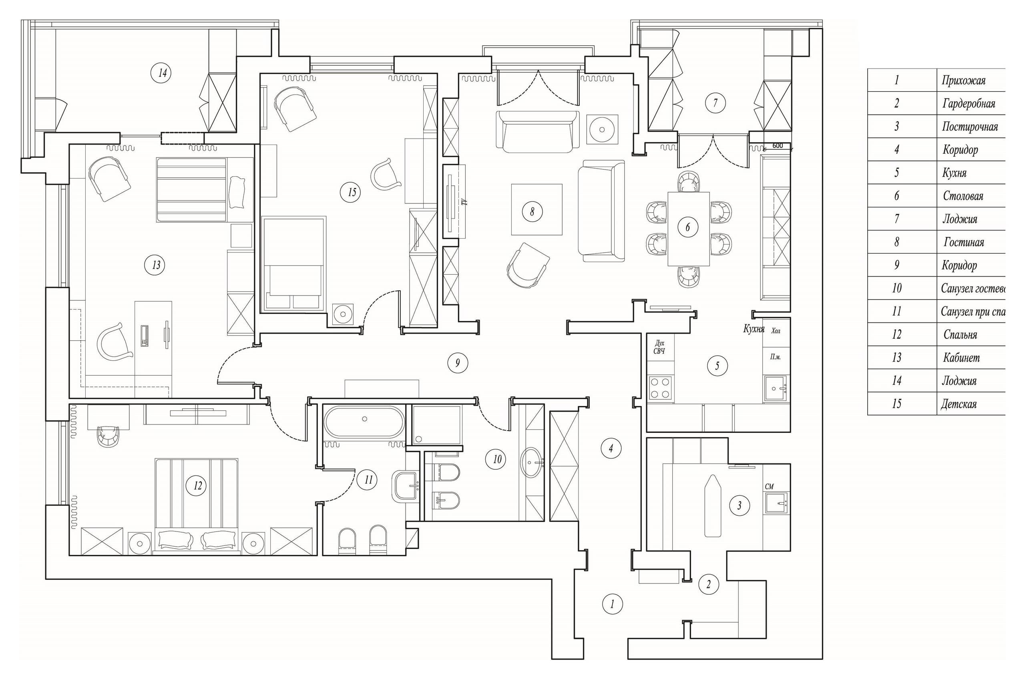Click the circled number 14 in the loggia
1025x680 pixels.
click(x=162, y=73)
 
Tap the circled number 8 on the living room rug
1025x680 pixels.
click(x=532, y=211)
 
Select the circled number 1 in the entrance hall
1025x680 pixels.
click(x=612, y=604)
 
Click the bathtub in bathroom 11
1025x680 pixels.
click(x=364, y=421)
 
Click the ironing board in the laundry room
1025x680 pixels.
click(x=713, y=505)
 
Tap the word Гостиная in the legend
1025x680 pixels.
click(x=963, y=242)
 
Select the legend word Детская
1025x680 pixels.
click(x=958, y=404)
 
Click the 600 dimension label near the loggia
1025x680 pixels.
click(x=778, y=146)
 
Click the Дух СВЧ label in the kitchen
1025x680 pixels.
click(x=659, y=347)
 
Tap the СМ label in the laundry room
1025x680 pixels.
click(x=769, y=487)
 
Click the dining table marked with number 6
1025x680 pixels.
click(x=688, y=228)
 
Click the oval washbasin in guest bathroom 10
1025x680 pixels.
click(x=532, y=462)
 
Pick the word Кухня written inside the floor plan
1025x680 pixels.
click(x=754, y=329)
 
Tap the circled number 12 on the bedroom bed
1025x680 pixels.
click(x=197, y=485)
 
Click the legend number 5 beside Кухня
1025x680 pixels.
click(x=896, y=173)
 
